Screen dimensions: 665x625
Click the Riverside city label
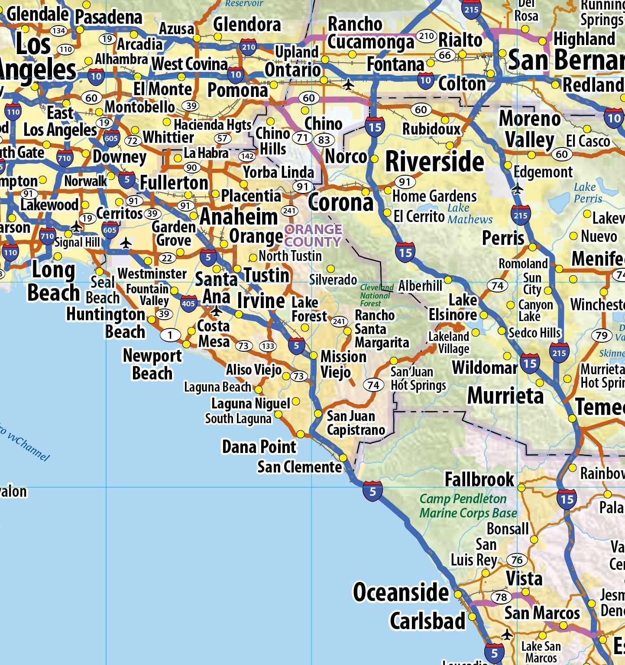tap(434, 162)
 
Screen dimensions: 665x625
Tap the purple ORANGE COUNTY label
tap(313, 235)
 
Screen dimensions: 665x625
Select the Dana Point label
tap(259, 447)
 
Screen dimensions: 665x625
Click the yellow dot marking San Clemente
tap(343, 458)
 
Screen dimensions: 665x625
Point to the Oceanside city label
tap(401, 592)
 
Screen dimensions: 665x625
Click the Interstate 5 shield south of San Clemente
tap(372, 492)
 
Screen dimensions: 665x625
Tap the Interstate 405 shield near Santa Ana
tap(188, 303)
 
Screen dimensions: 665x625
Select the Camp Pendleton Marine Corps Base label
tap(468, 506)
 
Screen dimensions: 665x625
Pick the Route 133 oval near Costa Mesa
tap(268, 346)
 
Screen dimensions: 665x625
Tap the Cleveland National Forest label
tap(376, 296)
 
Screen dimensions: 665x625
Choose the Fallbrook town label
tap(479, 479)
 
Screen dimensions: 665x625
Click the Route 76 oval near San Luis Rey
tap(517, 560)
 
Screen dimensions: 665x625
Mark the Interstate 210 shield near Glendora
tap(248, 47)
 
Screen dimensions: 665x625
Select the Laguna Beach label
tap(217, 387)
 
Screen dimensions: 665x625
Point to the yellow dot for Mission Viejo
tap(314, 355)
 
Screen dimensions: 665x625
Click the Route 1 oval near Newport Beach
tap(170, 335)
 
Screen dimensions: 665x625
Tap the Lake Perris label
tap(587, 193)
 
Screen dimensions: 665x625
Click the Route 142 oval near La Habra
tap(247, 156)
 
